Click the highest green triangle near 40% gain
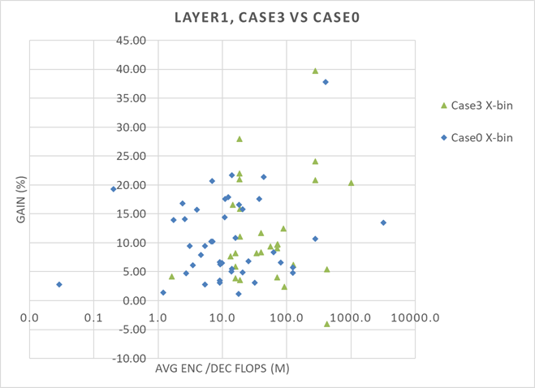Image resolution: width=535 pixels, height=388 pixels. pyautogui.click(x=315, y=71)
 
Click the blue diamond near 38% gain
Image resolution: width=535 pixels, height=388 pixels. pyautogui.click(x=326, y=82)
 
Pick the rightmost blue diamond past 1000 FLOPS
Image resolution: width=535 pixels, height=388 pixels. pyautogui.click(x=383, y=222)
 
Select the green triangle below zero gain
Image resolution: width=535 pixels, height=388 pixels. pyautogui.click(x=327, y=323)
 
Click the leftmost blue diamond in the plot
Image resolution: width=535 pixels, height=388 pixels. pyautogui.click(x=59, y=284)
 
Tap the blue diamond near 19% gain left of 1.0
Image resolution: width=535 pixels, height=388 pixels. pyautogui.click(x=114, y=189)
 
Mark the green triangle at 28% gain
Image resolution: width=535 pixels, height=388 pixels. pyautogui.click(x=239, y=139)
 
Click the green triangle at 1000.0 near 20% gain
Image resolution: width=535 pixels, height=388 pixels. pyautogui.click(x=351, y=183)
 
